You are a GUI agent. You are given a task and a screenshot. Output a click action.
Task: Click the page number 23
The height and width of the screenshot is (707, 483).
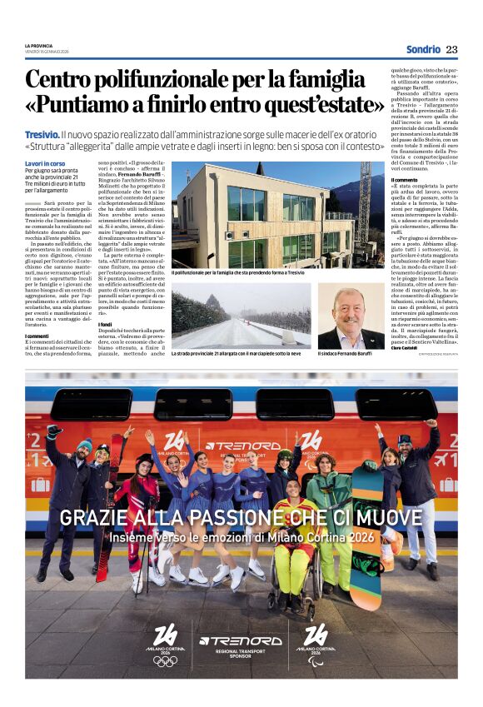tap(451, 48)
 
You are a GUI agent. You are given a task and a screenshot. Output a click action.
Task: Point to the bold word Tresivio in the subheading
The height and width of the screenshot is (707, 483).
tap(42, 134)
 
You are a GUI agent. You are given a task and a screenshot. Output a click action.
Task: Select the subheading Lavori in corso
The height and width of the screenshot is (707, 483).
tap(45, 163)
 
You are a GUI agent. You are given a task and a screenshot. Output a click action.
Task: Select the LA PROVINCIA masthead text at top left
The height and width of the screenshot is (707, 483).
tap(38, 45)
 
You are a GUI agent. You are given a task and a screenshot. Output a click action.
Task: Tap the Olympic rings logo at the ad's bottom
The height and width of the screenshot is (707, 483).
tap(165, 660)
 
